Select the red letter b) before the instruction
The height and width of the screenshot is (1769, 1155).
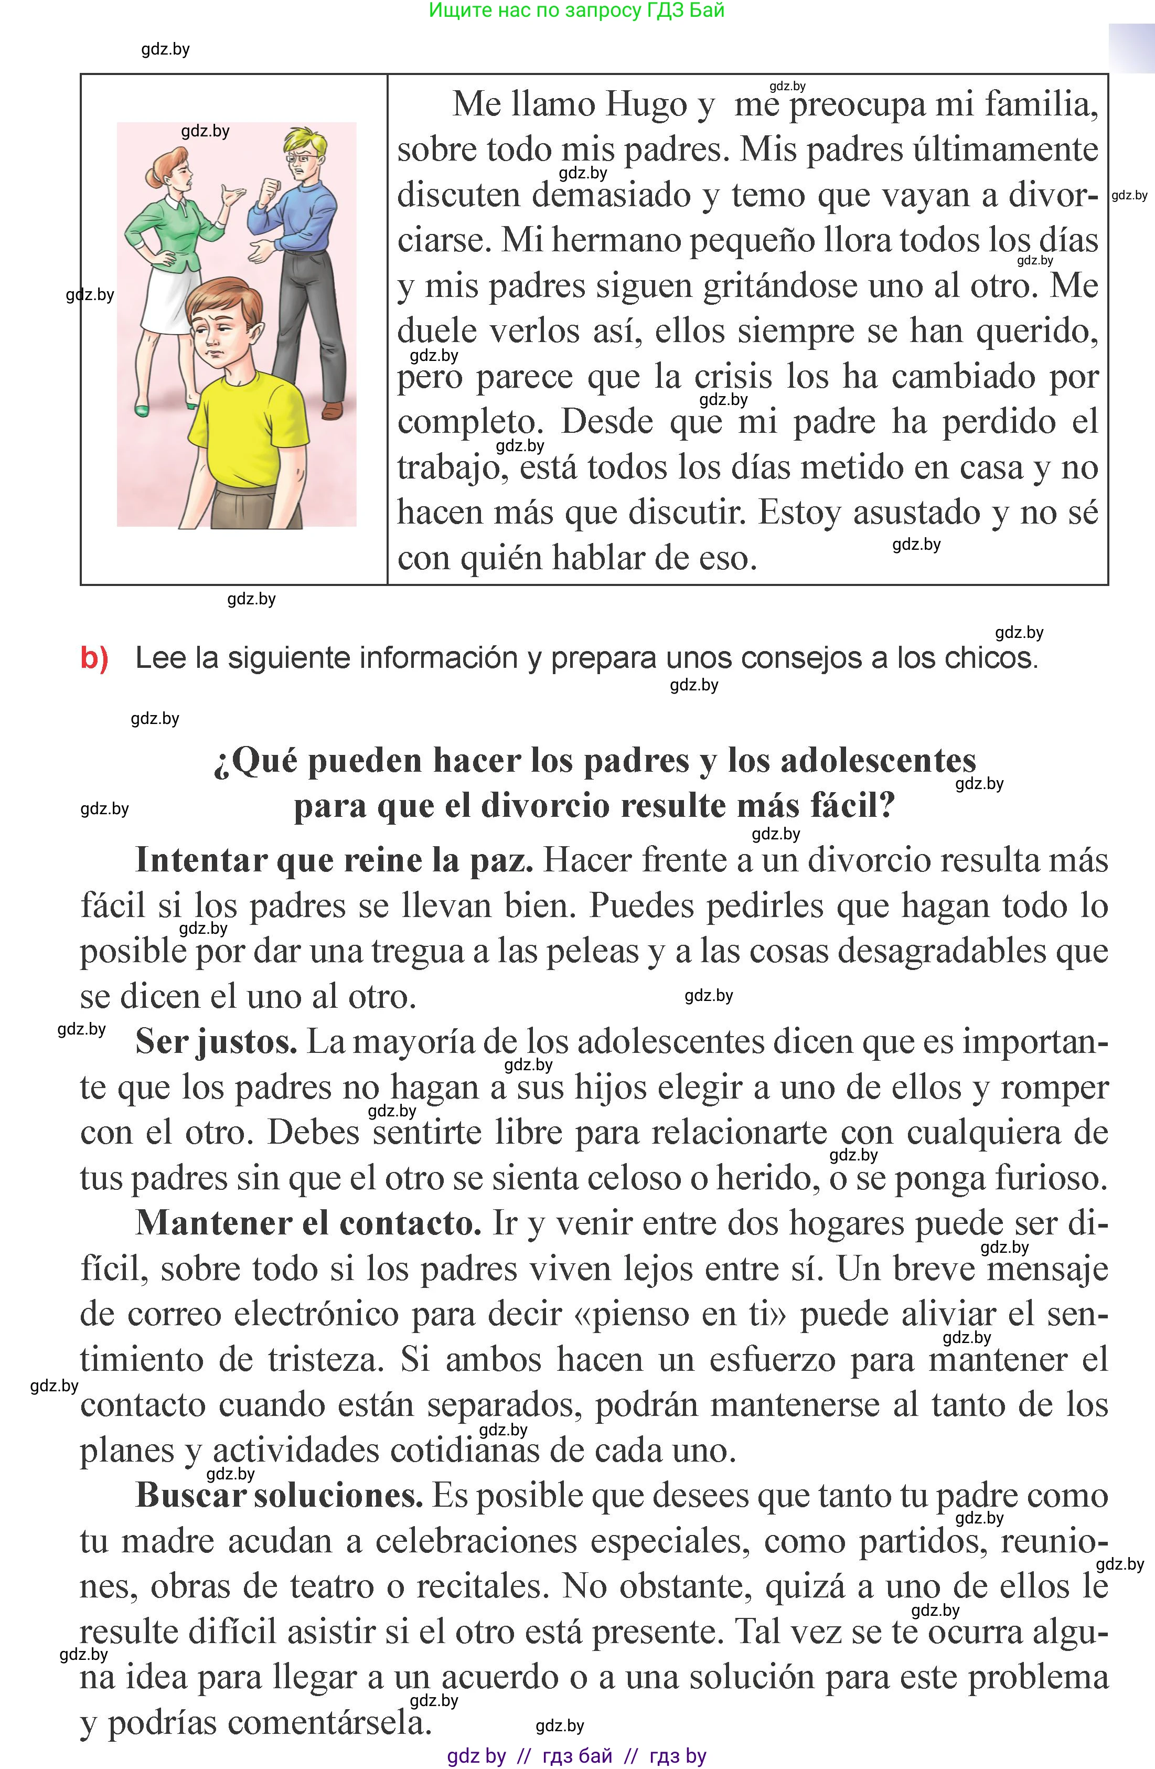94,658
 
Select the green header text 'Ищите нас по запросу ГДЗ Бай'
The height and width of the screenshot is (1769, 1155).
577,10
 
